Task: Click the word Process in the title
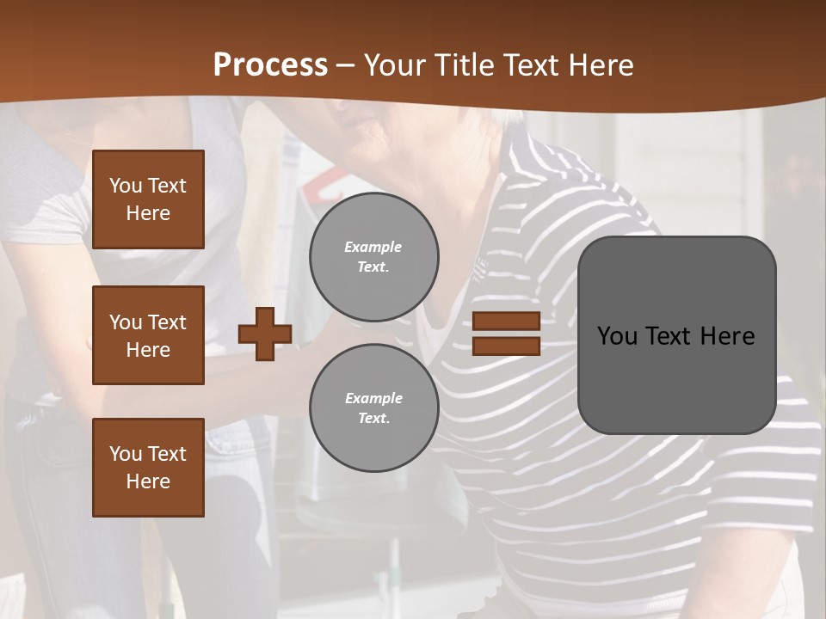pos(270,64)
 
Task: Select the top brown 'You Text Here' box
pos(148,199)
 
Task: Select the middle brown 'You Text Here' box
pos(148,335)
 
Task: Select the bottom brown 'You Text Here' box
pos(148,468)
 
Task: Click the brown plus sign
pos(265,334)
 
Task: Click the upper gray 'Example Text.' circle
pos(373,257)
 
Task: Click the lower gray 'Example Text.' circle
pos(373,408)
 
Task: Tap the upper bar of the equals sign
pos(506,321)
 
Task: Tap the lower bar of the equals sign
pos(506,346)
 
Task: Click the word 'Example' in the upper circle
pos(373,247)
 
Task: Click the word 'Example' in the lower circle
pos(373,398)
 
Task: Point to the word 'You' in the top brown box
pos(126,186)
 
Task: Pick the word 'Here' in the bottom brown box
pos(148,481)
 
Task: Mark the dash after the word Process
pos(346,65)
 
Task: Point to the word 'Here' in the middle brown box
pos(148,350)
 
